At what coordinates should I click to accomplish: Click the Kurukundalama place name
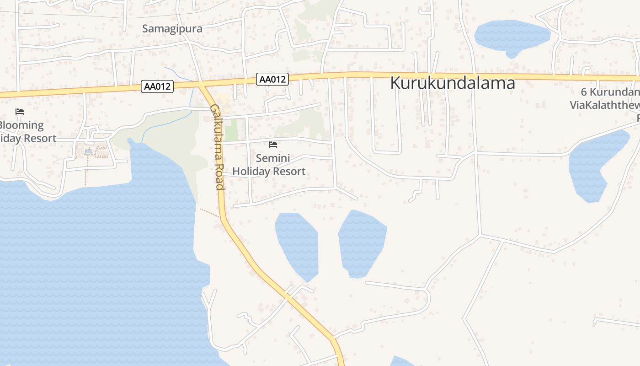[x=453, y=83]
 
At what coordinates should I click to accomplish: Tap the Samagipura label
[x=172, y=28]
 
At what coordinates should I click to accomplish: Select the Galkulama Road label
[x=217, y=146]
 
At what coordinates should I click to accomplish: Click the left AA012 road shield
[x=157, y=86]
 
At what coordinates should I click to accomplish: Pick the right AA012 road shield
[x=272, y=79]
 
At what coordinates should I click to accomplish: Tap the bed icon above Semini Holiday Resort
[x=273, y=145]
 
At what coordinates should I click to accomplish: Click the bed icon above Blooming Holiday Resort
[x=19, y=112]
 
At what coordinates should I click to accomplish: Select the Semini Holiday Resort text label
[x=269, y=165]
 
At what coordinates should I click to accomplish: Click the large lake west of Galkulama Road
[x=91, y=265]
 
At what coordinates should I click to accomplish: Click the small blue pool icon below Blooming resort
[x=88, y=151]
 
